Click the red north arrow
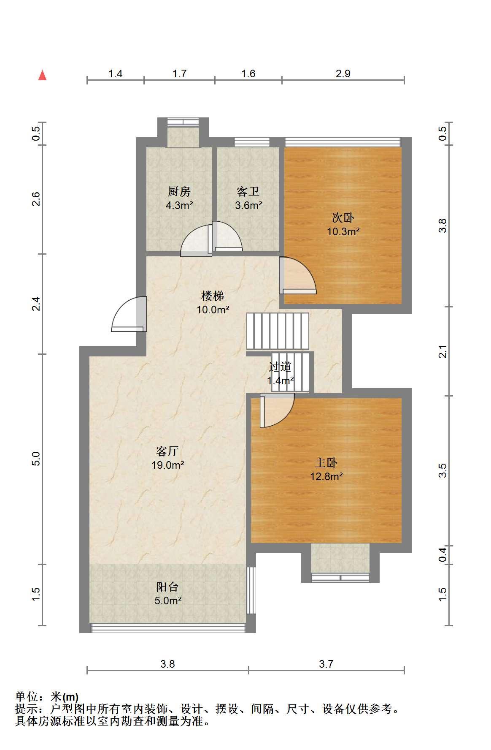(x=42, y=75)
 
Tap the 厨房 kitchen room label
(x=179, y=191)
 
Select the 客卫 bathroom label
(x=248, y=191)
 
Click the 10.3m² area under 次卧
(x=343, y=231)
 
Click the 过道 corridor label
(x=280, y=367)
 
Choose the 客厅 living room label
(x=167, y=451)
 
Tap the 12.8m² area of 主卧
(x=326, y=477)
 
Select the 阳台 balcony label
(x=167, y=587)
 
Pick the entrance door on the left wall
(x=129, y=314)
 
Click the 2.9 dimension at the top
(x=343, y=73)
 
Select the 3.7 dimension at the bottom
(x=326, y=664)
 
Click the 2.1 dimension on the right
(x=442, y=351)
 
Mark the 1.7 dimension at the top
(x=179, y=73)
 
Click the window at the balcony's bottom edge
(x=168, y=628)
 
